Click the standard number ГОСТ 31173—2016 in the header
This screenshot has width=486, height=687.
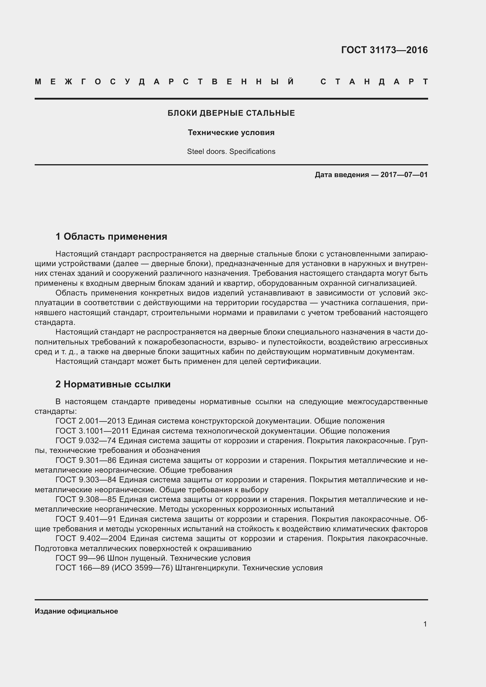(x=384, y=50)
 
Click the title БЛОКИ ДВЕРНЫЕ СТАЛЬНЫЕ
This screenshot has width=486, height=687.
(x=231, y=113)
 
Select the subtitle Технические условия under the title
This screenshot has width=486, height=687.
(x=231, y=132)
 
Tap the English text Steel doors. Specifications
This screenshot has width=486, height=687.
(x=231, y=152)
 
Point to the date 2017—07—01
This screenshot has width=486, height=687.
(x=404, y=175)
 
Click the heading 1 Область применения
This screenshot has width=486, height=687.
(x=111, y=237)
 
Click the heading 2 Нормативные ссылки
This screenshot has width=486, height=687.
(x=113, y=384)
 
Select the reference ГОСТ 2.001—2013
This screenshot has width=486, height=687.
(x=91, y=421)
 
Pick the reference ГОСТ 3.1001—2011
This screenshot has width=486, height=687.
(x=92, y=431)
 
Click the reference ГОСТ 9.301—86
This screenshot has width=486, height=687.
(x=86, y=461)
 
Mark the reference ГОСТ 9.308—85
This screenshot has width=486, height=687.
(x=86, y=499)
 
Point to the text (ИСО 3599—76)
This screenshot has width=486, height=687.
(x=142, y=568)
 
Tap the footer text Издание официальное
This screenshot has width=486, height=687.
(x=76, y=611)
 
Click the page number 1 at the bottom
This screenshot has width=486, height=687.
(x=425, y=624)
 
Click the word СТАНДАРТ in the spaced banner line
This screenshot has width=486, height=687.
(x=374, y=82)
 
